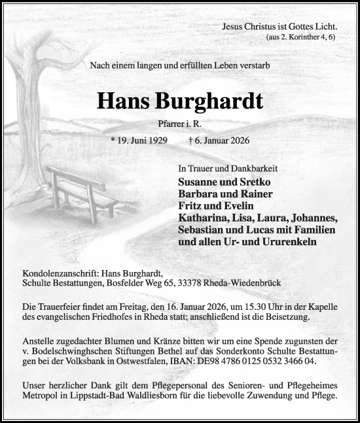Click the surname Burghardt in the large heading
coord(207,101)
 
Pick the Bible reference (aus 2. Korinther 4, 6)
coord(302,38)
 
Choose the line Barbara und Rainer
coord(221,194)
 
